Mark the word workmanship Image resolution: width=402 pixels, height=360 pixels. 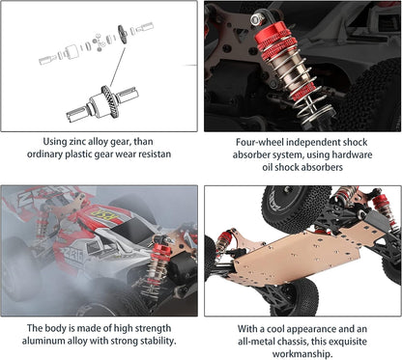[301, 356]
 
